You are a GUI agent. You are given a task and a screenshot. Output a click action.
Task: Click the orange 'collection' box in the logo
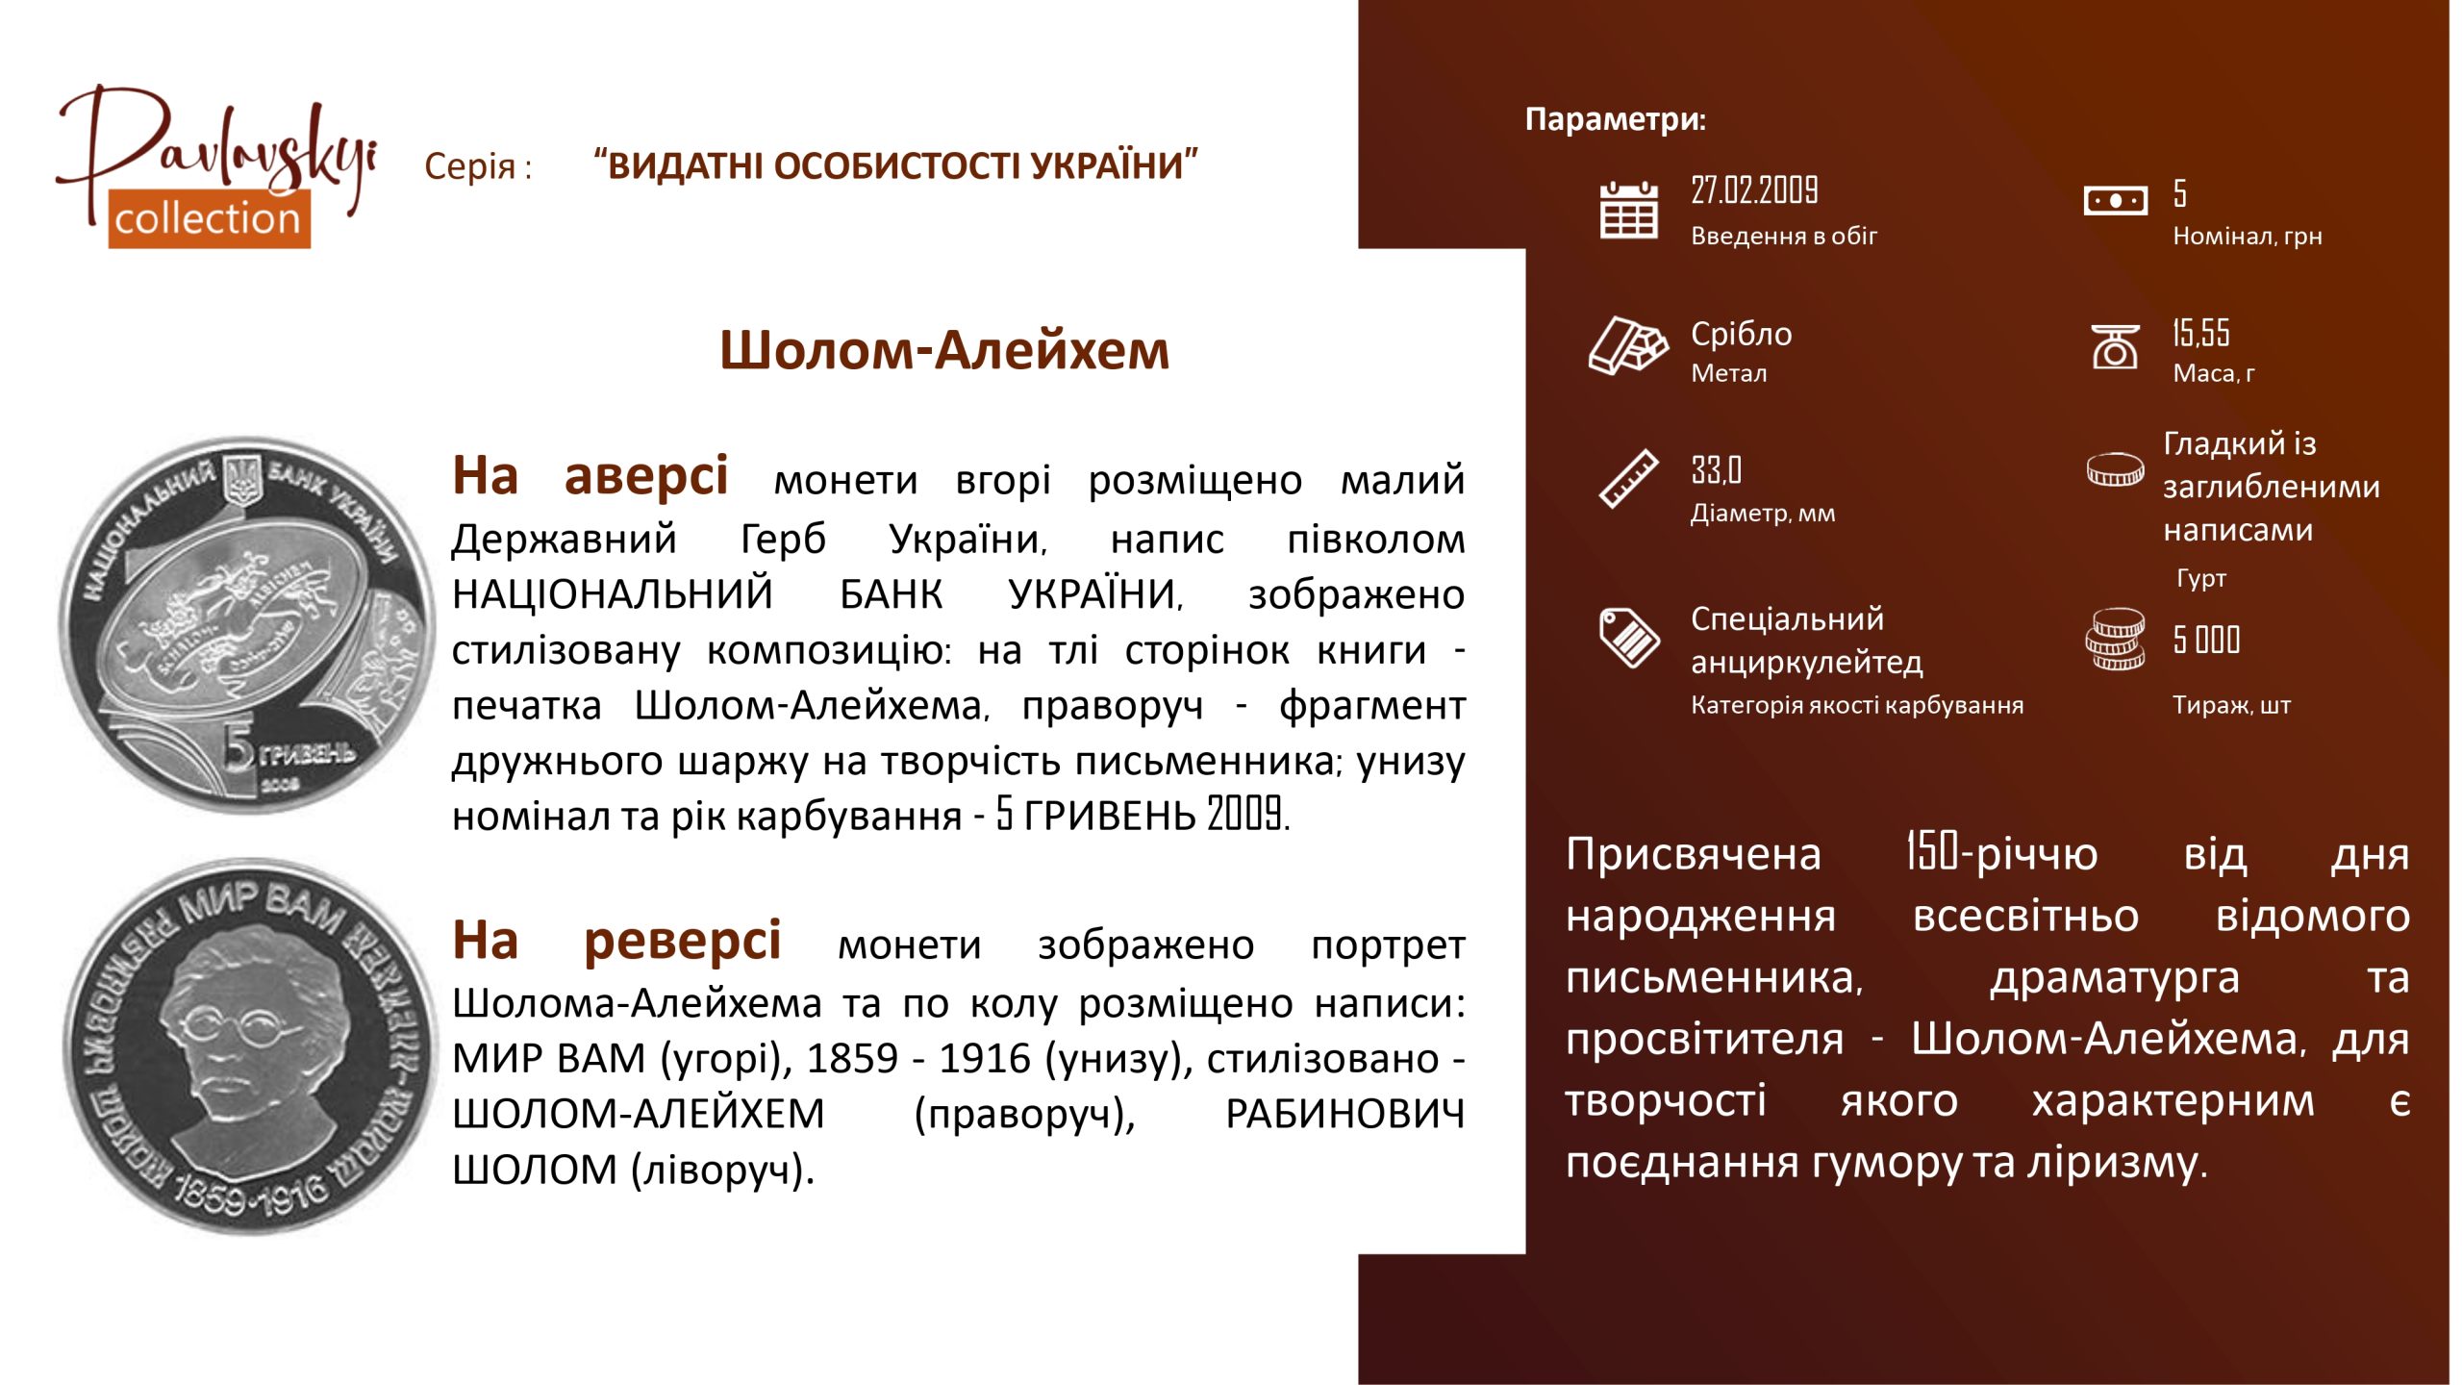click(209, 219)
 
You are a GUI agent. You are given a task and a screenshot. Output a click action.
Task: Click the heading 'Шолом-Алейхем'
click(944, 350)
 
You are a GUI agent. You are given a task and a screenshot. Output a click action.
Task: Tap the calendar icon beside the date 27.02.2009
click(1628, 209)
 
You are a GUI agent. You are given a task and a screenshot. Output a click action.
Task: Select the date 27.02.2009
click(1754, 190)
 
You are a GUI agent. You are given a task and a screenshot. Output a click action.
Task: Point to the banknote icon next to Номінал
click(2115, 201)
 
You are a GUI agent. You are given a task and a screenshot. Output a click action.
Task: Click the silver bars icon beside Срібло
click(1628, 344)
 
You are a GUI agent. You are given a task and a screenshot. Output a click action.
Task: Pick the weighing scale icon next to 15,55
click(2115, 346)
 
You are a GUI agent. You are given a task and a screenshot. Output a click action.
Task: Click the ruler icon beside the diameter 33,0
click(1628, 478)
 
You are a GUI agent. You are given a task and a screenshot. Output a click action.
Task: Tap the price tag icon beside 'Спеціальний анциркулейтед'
click(1628, 637)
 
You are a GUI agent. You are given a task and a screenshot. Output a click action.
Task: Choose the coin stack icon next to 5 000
click(2115, 639)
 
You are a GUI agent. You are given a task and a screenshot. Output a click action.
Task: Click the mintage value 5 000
click(2206, 640)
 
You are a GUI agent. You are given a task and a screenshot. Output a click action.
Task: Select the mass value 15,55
click(2200, 333)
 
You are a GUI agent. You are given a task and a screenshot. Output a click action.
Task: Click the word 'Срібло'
click(1742, 334)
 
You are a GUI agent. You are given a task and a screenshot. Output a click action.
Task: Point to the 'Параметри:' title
click(1616, 119)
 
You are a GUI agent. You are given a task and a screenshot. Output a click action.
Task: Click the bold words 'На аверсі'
click(590, 477)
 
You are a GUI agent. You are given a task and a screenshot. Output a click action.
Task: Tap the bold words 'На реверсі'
click(616, 942)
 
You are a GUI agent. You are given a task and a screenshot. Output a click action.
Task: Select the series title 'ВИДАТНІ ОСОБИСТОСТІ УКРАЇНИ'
click(896, 165)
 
